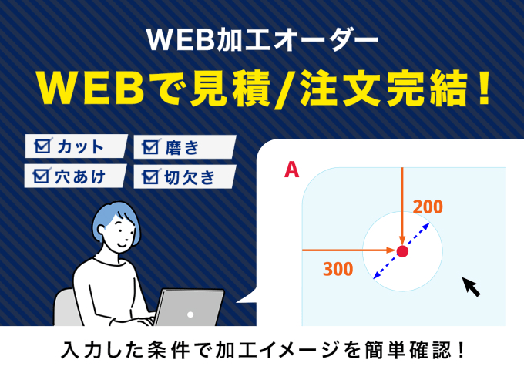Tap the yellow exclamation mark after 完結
tap(482, 88)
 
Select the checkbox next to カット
tap(43, 146)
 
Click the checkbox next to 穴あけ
tap(41, 176)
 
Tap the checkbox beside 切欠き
tap(151, 177)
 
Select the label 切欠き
tap(189, 177)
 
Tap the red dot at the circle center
tap(402, 250)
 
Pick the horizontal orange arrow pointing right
tap(347, 250)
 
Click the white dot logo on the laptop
tap(190, 314)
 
